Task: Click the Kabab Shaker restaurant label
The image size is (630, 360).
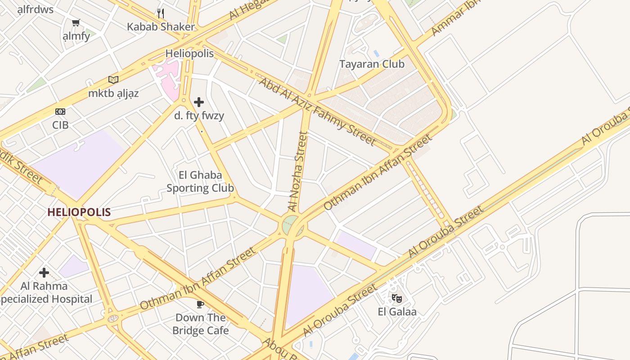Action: tap(161, 27)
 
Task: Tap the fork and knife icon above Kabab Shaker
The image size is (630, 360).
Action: tap(161, 13)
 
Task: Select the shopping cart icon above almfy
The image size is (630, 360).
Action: tap(76, 22)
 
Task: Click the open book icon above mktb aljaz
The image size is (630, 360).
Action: tap(113, 80)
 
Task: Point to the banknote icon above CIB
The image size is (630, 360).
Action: tap(60, 111)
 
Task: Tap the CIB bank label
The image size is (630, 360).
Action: tap(60, 125)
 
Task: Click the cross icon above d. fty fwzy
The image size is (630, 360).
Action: tap(199, 102)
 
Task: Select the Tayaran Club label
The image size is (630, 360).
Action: tap(372, 64)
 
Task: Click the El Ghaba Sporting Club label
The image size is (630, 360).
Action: tap(200, 181)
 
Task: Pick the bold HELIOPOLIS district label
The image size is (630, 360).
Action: tap(79, 212)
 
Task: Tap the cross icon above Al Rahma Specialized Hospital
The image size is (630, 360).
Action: tap(44, 272)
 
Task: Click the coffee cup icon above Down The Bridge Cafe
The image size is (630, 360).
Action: tap(200, 304)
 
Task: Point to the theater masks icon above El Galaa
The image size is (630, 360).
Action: tap(396, 297)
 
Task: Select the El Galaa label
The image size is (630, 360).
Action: tap(397, 311)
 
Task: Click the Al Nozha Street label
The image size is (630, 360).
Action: tap(298, 171)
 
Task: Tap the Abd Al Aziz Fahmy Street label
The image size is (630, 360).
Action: tap(317, 112)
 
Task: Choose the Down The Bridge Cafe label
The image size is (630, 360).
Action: tap(200, 324)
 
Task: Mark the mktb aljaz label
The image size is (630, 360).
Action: tap(113, 94)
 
